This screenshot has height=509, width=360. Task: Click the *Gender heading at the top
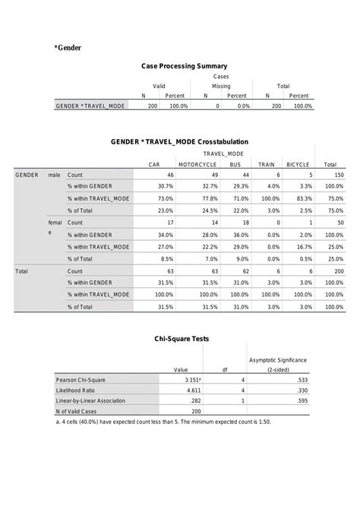[x=68, y=48]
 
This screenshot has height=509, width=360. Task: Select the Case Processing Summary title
[x=184, y=67]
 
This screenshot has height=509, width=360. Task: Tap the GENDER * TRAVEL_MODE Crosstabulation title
[x=179, y=142]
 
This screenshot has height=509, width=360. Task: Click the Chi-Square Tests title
[x=182, y=339]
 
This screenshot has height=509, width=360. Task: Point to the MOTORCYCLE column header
[x=197, y=164]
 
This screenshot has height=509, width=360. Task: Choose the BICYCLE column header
[x=298, y=164]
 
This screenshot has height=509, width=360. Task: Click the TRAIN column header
[x=267, y=164]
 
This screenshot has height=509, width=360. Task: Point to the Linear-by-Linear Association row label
[x=90, y=400]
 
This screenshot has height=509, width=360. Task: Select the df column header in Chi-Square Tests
[x=225, y=369]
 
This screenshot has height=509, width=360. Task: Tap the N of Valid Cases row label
[x=77, y=411]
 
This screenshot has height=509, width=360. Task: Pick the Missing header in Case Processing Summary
[x=221, y=87]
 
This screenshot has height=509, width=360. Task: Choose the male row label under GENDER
[x=54, y=175]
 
